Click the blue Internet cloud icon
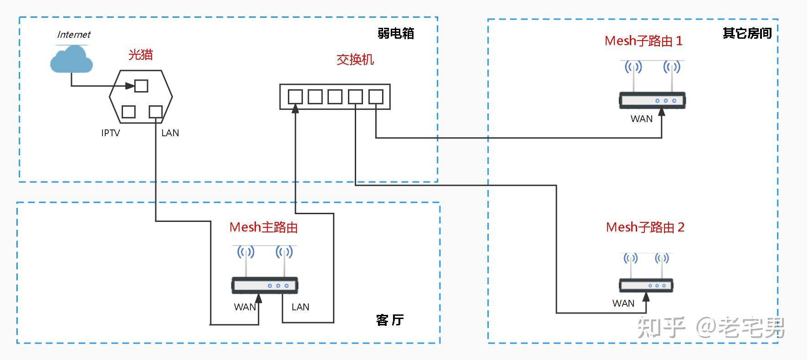tap(71, 60)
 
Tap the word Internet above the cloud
tap(74, 35)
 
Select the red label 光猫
tap(140, 55)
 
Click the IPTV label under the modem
tap(111, 133)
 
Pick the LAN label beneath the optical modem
tap(170, 133)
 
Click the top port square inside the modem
tap(141, 86)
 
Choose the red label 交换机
tap(355, 60)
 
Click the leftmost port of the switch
tap(295, 97)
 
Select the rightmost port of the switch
tap(376, 97)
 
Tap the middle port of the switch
tap(335, 97)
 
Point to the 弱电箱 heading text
tap(396, 33)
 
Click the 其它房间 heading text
tap(747, 33)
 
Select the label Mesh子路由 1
tap(644, 41)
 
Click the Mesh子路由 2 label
tap(645, 227)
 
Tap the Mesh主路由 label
tap(264, 227)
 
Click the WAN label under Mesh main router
tap(245, 307)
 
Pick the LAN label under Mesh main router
tap(300, 307)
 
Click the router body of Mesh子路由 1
tap(652, 100)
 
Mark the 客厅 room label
tap(390, 320)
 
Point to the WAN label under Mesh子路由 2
tap(623, 303)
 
